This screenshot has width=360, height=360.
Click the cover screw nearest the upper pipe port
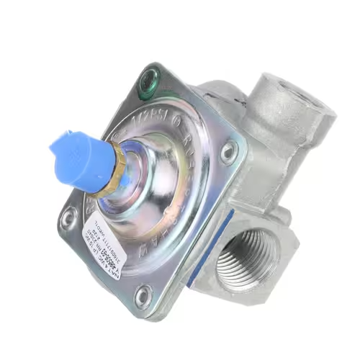point(230,151)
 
